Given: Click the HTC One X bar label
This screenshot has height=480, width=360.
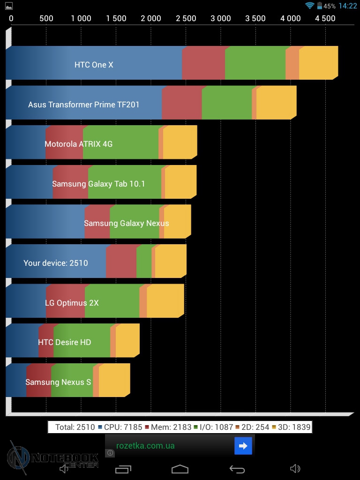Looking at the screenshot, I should (94, 65).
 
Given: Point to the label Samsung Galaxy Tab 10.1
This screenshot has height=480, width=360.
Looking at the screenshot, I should (98, 184).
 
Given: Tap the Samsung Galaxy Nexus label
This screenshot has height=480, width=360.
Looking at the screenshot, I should (126, 223).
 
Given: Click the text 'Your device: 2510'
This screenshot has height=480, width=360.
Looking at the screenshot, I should (56, 263).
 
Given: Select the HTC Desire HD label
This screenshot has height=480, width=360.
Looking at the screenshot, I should (65, 342).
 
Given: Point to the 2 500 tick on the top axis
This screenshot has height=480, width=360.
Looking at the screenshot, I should (186, 18).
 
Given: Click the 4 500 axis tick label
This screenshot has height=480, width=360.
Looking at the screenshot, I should (325, 18).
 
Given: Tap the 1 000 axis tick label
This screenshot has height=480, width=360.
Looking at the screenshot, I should (81, 18).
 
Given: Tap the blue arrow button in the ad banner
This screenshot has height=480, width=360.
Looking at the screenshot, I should (243, 446).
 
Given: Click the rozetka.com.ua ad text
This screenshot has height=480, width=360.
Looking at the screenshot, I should (145, 446).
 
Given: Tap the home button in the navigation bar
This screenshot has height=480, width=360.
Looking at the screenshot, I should (180, 469).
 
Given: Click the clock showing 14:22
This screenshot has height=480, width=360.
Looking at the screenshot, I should (347, 6).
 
